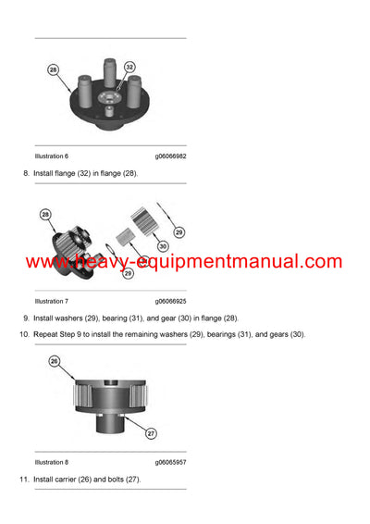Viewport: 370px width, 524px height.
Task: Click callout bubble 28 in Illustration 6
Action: point(52,69)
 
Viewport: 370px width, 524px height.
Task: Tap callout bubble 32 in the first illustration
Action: point(129,67)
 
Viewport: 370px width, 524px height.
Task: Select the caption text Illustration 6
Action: point(52,156)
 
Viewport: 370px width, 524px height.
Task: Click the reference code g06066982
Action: point(170,156)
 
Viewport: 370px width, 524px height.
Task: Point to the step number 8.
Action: point(25,173)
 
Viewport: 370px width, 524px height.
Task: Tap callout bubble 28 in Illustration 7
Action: point(45,214)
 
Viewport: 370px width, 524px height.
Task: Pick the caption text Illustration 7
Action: point(52,301)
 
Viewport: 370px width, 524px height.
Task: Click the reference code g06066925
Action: point(170,301)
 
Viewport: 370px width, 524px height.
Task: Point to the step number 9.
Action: point(25,318)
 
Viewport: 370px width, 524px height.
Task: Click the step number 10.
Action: point(23,334)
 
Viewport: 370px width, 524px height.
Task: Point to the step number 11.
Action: point(23,480)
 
